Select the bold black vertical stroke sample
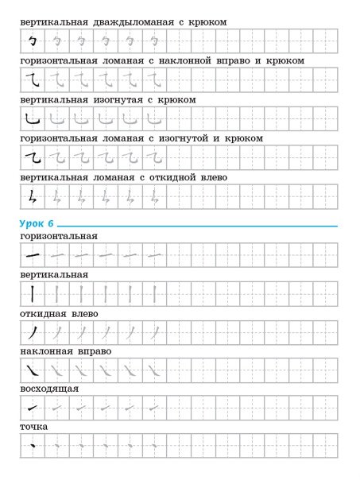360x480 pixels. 32,293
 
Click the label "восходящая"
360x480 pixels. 49,390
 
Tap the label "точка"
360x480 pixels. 34,428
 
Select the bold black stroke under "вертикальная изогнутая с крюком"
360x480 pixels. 32,119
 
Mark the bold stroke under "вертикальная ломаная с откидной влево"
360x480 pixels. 32,196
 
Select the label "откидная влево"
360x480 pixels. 60,314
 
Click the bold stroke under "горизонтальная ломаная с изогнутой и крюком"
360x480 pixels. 33,157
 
